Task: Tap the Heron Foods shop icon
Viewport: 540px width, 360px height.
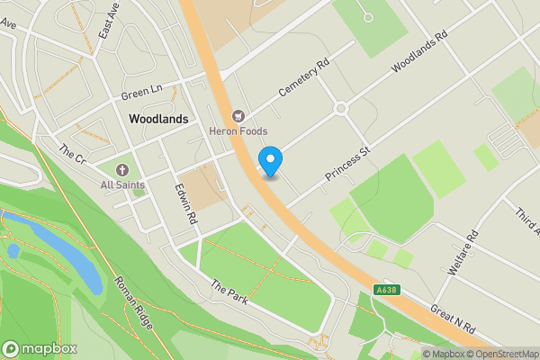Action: click(238, 115)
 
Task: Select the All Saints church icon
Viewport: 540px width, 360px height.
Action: click(121, 170)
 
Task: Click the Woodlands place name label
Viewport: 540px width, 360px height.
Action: click(158, 118)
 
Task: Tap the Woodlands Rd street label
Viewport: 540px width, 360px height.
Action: click(418, 54)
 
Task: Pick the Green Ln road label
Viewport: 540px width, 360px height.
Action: click(140, 93)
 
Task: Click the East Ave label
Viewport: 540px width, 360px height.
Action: click(110, 20)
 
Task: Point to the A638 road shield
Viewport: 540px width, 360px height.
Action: click(384, 290)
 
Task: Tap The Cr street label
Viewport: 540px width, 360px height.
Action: click(72, 154)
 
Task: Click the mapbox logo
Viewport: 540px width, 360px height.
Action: click(40, 348)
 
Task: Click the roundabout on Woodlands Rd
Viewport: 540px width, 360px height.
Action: click(341, 109)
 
